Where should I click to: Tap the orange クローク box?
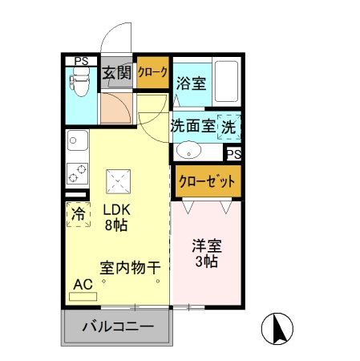152,73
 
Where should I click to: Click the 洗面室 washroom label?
192,126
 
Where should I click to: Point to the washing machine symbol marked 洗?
229,126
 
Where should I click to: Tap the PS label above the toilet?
80,60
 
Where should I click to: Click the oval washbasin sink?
189,150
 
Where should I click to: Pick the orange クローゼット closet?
207,180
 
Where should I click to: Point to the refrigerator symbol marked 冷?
79,214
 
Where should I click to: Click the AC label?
83,283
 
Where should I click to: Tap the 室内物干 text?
130,266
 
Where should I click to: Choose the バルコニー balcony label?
118,327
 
